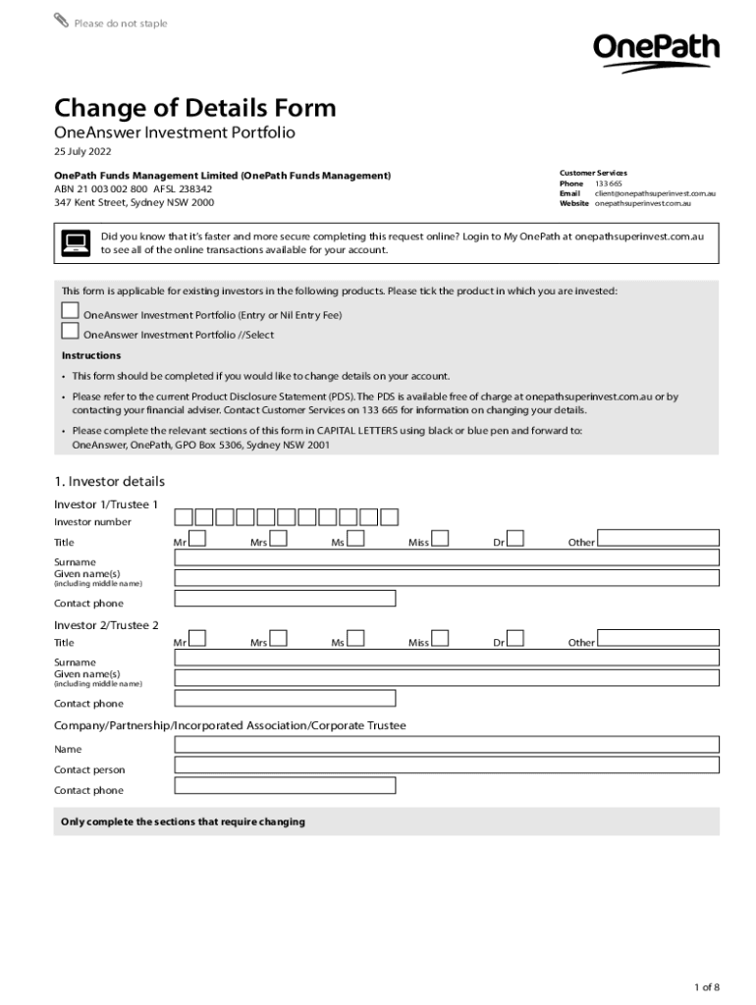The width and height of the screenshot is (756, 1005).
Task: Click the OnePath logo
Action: pos(656,51)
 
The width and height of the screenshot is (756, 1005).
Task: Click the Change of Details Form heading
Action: pos(194,108)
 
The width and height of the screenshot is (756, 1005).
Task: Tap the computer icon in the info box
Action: pos(76,242)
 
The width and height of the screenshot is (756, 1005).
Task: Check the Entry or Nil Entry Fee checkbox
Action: pos(70,311)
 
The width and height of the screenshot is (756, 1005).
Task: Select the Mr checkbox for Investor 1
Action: pos(197,538)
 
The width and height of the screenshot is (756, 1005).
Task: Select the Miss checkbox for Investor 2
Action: pos(440,638)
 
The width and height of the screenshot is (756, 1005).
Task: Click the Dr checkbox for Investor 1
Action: pos(515,538)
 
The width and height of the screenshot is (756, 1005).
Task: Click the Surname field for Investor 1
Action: pos(447,557)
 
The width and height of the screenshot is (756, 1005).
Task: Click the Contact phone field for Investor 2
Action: pos(285,699)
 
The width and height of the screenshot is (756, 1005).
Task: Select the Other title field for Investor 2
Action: pos(658,638)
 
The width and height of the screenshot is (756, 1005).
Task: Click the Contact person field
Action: pos(447,766)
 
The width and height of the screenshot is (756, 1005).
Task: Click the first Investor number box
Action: pos(184,517)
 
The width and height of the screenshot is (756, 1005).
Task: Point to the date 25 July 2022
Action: pos(82,152)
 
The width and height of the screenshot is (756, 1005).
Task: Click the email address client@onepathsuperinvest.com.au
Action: pos(655,193)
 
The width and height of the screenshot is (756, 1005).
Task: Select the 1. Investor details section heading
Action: pos(109,481)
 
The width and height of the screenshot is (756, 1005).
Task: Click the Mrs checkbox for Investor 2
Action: pos(278,638)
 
